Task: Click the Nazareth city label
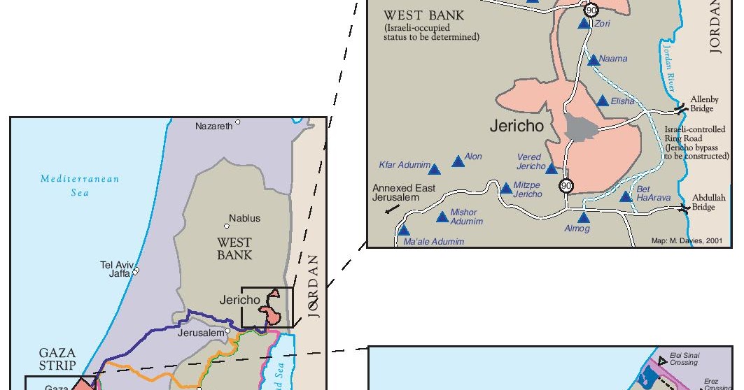point(213,127)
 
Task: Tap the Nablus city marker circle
point(227,226)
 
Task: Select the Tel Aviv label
point(117,265)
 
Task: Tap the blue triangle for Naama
point(594,60)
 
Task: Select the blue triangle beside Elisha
point(603,101)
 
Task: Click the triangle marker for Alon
point(458,161)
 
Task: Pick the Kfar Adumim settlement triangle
point(435,169)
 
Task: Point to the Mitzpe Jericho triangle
point(507,189)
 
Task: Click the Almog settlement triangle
point(584,217)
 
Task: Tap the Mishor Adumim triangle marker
point(442,217)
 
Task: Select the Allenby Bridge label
point(702,104)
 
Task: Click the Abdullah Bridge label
point(703,203)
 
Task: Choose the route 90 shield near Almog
point(566,186)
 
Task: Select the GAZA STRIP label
point(57,359)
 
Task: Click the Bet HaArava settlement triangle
point(626,197)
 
